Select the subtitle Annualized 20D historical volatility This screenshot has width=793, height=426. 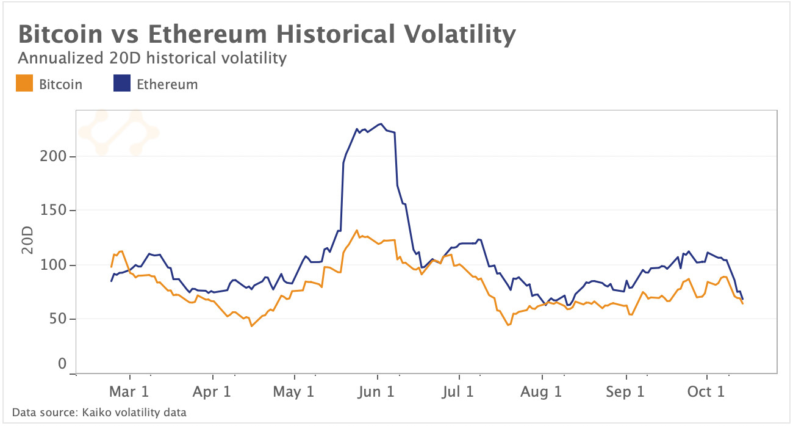pos(152,59)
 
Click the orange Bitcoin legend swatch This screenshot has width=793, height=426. pos(24,84)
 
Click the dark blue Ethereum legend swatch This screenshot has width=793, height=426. pos(122,84)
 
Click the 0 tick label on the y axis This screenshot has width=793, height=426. pos(62,364)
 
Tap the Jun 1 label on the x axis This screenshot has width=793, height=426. pos(378,392)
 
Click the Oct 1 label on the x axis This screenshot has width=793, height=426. pos(707,392)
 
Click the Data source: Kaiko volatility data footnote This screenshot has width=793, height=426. pos(99,413)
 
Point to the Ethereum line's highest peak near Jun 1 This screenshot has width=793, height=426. pos(381,124)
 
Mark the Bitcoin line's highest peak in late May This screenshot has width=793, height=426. pos(356,230)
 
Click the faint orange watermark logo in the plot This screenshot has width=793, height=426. pos(118,132)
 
